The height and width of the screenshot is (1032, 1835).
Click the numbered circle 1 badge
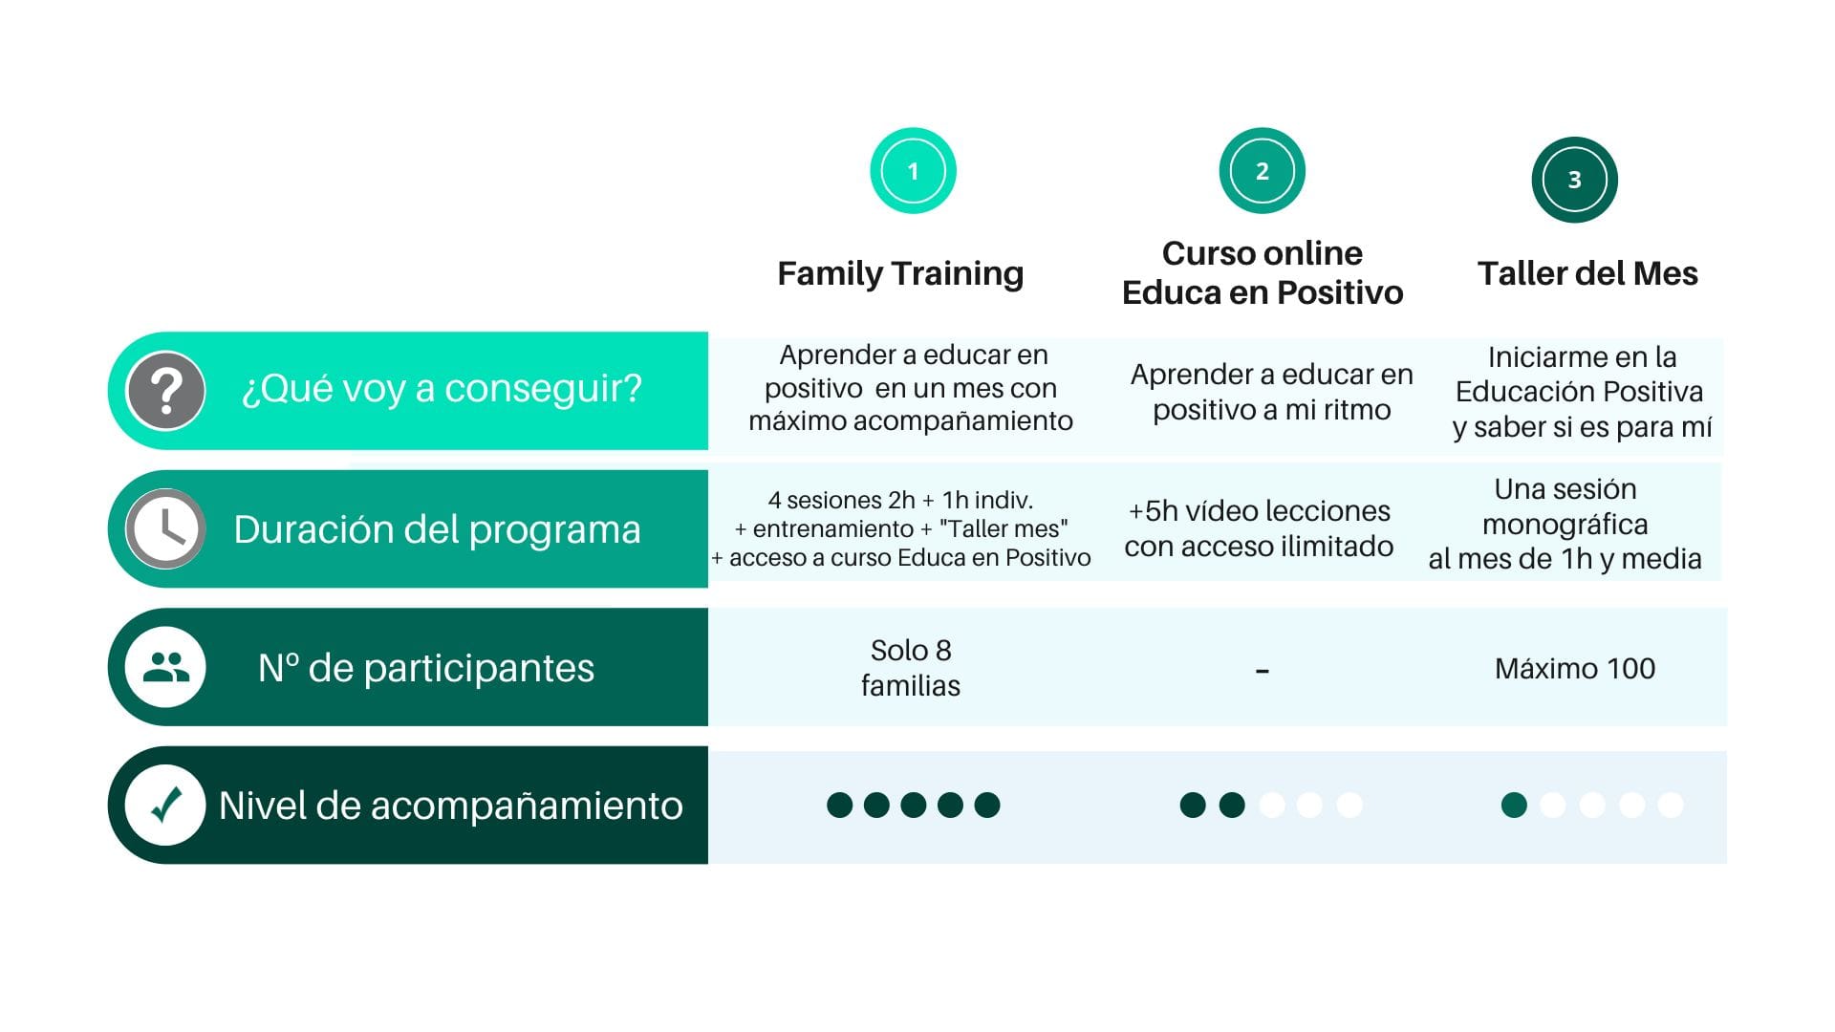tap(913, 171)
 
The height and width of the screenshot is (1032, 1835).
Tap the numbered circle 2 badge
tap(1262, 171)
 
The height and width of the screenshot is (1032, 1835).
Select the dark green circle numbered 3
tap(1574, 180)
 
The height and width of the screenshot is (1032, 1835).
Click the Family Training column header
tap(900, 273)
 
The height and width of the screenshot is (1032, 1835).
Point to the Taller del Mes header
tap(1587, 273)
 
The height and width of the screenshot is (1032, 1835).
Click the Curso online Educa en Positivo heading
tap(1263, 272)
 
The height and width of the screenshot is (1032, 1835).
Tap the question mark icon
tap(165, 391)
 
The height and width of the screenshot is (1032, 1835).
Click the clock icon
tap(165, 528)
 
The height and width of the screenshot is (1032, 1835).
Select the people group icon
tap(165, 667)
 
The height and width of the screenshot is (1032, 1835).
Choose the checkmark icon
tap(165, 806)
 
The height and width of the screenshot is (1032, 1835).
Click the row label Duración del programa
tap(437, 529)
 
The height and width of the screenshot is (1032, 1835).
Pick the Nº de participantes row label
tap(426, 668)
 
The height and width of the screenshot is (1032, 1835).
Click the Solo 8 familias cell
tap(911, 667)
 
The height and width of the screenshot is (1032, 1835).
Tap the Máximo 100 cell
tap(1575, 668)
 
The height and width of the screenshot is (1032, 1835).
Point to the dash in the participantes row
tap(1263, 672)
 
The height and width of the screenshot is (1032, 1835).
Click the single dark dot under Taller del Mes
tap(1514, 806)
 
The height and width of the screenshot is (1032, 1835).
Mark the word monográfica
tap(1565, 525)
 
